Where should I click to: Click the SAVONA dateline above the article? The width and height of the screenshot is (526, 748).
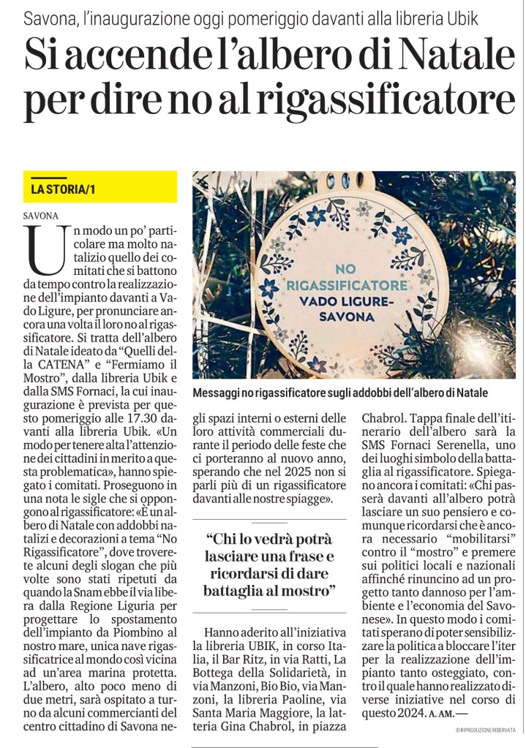(x=41, y=216)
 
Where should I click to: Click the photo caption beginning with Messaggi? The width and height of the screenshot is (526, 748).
(x=339, y=393)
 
